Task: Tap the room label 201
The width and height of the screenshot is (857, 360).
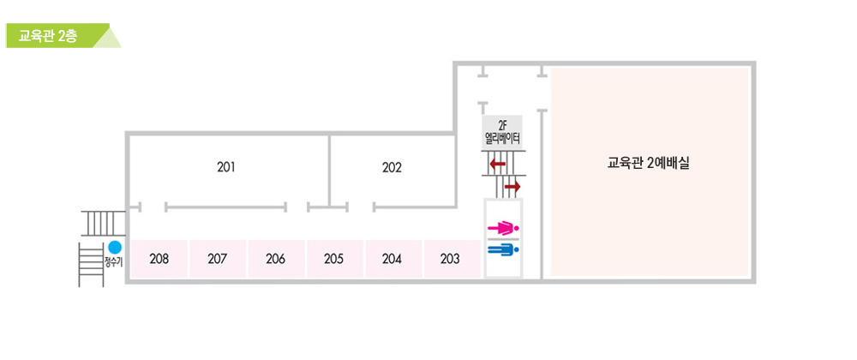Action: [x=226, y=167]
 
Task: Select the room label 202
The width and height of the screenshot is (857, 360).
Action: [x=392, y=167]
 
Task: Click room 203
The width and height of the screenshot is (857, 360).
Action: [x=450, y=258]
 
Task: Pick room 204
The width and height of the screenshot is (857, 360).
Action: [x=392, y=258]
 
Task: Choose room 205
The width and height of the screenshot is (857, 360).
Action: [x=333, y=258]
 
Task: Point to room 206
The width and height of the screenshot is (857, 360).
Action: [x=275, y=258]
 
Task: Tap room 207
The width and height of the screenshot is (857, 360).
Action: [x=217, y=258]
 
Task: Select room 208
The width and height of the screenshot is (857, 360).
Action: [x=159, y=258]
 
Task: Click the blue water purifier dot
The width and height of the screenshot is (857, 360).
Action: [x=104, y=249]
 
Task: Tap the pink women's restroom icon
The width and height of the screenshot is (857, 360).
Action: [x=502, y=229]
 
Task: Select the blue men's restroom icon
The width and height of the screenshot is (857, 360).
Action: [x=502, y=250]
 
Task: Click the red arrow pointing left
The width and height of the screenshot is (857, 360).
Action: [x=497, y=164]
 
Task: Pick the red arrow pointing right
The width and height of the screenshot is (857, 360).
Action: [x=512, y=186]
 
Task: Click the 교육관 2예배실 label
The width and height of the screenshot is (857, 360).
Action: [x=649, y=163]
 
